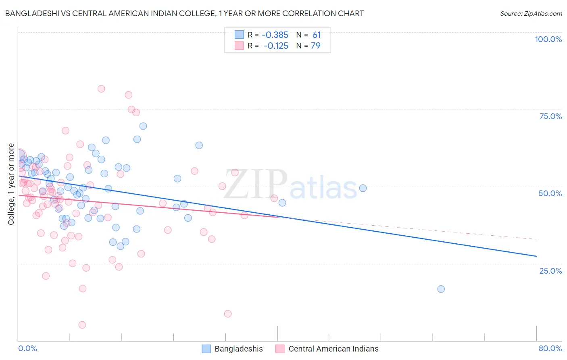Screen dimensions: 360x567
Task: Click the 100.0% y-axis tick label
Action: [548, 39]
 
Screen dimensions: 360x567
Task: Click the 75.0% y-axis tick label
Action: [550, 116]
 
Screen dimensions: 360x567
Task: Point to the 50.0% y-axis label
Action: [550, 193]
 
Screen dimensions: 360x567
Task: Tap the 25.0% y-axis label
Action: [550, 270]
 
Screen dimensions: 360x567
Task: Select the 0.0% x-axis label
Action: [27, 348]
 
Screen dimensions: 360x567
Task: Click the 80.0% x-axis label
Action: [550, 348]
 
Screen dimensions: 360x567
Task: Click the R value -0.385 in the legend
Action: [275, 35]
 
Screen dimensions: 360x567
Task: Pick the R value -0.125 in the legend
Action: [276, 46]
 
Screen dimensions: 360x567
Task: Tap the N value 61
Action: [317, 35]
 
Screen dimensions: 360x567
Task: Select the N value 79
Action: [316, 46]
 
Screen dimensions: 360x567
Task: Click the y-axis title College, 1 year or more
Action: [11, 184]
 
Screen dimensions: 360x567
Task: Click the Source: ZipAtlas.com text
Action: [531, 14]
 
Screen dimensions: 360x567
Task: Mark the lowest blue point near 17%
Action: [441, 289]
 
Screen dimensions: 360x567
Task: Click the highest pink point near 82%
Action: [101, 89]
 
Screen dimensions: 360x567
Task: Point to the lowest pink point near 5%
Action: [82, 325]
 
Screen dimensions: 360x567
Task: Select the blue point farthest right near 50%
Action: [363, 188]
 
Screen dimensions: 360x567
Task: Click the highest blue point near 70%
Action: [143, 126]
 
